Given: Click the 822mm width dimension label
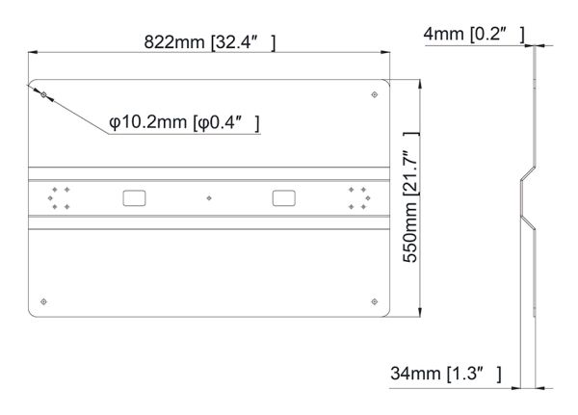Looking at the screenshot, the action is coord(209,42).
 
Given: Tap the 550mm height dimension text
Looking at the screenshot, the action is coord(410,197).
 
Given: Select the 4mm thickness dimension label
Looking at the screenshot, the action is coord(474,35).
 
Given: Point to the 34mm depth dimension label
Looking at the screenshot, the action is coord(446,374).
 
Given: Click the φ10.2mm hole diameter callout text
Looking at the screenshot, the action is coord(184,122).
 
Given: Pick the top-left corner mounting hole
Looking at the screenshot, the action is coord(44,95).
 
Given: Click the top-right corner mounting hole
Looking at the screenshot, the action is coord(374,94).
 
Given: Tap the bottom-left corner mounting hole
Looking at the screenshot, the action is coord(43,301).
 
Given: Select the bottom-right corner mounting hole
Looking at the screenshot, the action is coord(374,301).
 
